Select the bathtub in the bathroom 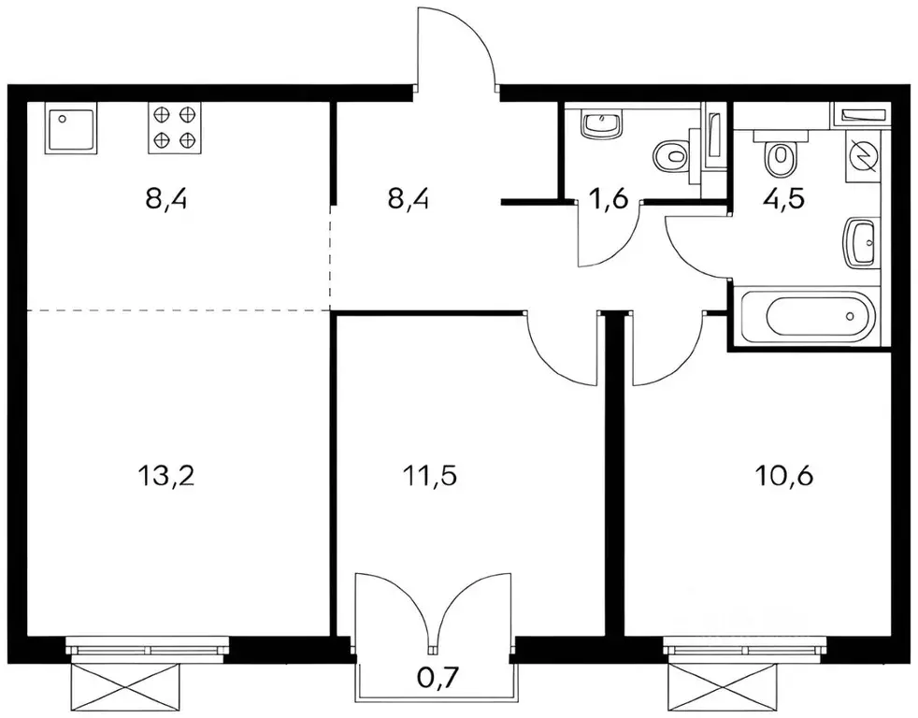click(805, 319)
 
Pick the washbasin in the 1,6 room click(603, 123)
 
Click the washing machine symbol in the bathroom click(862, 152)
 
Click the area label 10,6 click(783, 476)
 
